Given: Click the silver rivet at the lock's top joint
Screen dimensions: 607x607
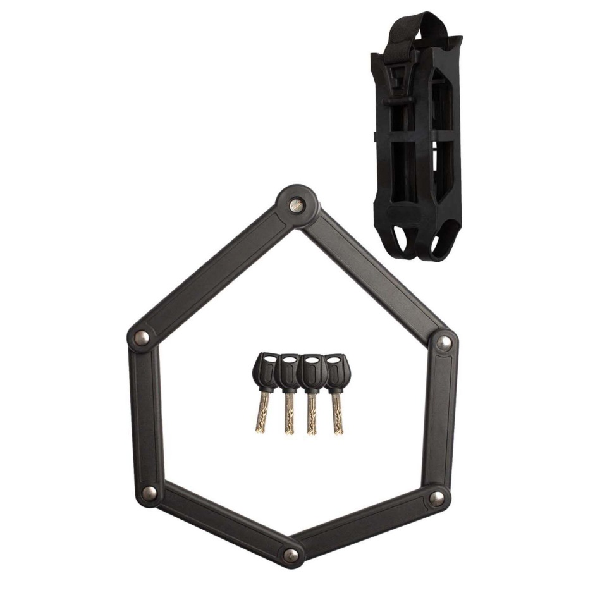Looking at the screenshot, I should coord(296,205).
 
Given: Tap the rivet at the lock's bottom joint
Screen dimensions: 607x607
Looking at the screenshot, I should coord(290,555).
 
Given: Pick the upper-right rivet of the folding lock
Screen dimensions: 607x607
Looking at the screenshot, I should coord(445,343).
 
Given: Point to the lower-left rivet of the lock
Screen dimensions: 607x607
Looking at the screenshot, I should coord(149,492).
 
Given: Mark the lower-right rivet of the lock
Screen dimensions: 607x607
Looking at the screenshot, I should coord(436,498).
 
